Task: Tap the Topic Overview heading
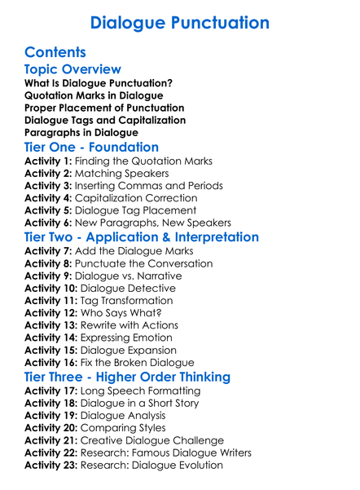[72, 69]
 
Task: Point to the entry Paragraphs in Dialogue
[81, 132]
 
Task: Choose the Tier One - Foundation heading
[92, 148]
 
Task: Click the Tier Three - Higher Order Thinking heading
[127, 377]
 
